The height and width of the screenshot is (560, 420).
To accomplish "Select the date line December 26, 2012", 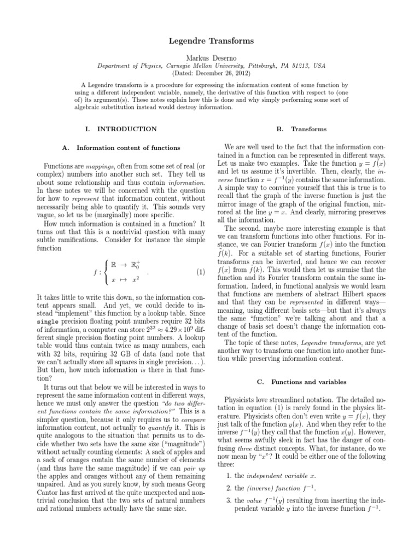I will [210, 72].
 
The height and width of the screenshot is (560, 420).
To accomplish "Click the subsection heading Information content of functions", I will [128, 148].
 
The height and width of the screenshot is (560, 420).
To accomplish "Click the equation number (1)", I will [200, 272].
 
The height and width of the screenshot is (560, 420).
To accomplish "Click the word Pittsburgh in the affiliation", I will [258, 65].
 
